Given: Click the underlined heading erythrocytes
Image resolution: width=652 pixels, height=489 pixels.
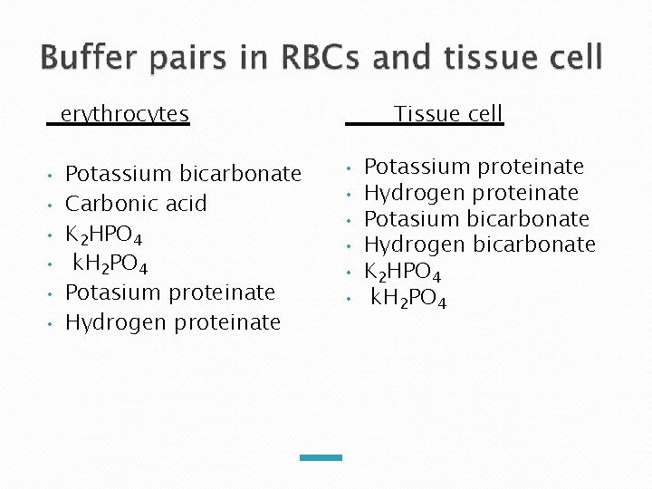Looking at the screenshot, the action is [124, 114].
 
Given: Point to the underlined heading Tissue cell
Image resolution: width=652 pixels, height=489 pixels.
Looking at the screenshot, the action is [447, 114].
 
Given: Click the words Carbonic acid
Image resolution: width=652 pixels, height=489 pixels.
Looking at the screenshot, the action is [136, 204].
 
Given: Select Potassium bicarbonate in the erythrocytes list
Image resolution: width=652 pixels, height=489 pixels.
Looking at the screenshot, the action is [183, 173].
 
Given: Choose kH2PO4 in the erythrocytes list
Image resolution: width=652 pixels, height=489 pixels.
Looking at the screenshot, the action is [110, 265].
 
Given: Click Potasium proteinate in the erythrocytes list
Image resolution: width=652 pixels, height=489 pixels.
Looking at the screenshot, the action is [169, 292].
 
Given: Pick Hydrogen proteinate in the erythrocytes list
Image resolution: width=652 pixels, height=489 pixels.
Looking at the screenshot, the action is [172, 322].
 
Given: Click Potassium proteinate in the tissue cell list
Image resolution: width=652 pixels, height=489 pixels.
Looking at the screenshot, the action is [474, 167].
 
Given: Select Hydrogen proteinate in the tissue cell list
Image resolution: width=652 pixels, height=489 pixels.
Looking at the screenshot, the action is [470, 193].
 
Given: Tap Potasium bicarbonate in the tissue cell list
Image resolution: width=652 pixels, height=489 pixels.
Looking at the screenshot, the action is [475, 219].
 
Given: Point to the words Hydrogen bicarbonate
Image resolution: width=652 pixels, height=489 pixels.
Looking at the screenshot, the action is [479, 244].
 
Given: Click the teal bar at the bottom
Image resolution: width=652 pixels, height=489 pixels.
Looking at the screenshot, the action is [321, 457].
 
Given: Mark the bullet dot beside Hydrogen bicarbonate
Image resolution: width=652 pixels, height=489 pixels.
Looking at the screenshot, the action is [350, 245].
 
